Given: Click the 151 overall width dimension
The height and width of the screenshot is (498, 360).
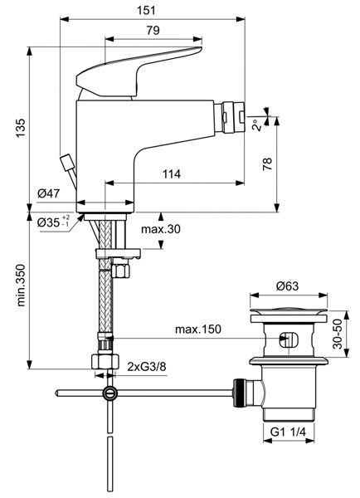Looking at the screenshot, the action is tap(146, 10).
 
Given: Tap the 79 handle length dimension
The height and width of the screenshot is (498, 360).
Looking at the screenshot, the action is tap(153, 31).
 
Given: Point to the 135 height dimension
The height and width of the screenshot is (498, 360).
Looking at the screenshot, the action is tap(21, 128).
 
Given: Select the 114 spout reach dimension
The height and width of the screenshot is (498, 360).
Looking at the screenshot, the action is tap(172, 174).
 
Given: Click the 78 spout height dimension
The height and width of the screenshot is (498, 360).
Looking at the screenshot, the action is tap(268, 164).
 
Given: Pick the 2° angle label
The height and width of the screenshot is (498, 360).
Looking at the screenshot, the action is tap(257, 125).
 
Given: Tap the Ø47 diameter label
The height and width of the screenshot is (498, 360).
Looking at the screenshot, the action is tap(48, 193).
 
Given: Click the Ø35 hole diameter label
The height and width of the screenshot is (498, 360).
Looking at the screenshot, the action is tap(53, 222).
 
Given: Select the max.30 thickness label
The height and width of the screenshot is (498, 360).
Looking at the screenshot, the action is tap(161, 229).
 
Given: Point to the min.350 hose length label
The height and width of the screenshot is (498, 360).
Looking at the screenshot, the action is tap(21, 285).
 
